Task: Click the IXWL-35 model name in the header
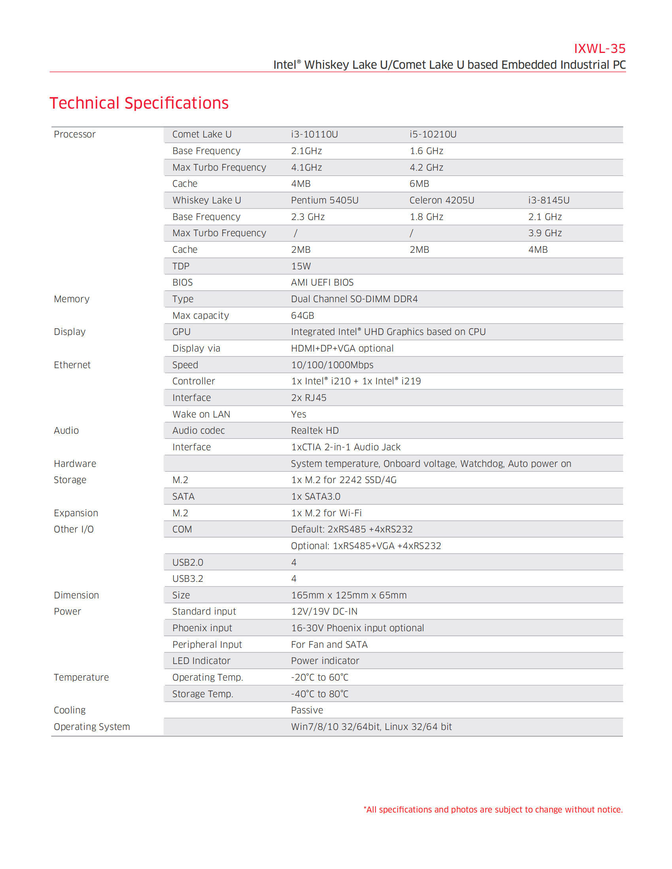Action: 599,49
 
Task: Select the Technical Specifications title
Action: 139,103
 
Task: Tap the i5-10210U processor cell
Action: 433,134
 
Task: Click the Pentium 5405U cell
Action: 325,200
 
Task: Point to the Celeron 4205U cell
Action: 442,200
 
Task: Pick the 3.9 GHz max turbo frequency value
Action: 545,233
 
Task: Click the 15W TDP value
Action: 300,266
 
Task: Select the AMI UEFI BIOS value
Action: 322,282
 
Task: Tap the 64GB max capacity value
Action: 302,316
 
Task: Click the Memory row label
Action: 72,299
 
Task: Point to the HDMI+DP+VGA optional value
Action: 342,348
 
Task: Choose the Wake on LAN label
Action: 201,414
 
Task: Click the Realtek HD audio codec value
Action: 315,431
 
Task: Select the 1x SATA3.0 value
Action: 316,497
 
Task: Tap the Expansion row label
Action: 76,513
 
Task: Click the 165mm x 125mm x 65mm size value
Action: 349,595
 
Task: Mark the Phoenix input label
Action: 202,628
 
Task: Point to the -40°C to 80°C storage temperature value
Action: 319,694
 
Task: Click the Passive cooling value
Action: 307,710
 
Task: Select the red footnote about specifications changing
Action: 493,809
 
